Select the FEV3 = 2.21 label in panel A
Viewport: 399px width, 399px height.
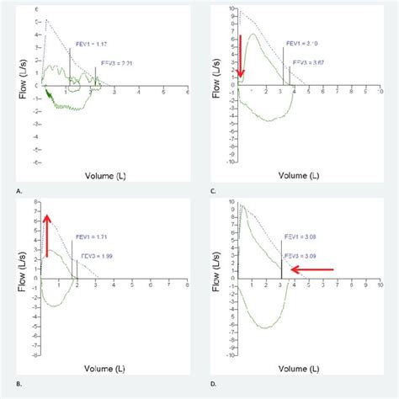coord(115,62)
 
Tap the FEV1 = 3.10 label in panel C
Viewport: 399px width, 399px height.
coord(301,43)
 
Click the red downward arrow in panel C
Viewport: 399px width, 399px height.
coord(241,58)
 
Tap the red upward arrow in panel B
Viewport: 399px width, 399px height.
coord(47,235)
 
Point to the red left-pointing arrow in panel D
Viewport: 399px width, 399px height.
coord(311,270)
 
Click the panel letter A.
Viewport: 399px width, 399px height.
coord(19,192)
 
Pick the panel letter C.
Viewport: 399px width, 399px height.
coord(218,192)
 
